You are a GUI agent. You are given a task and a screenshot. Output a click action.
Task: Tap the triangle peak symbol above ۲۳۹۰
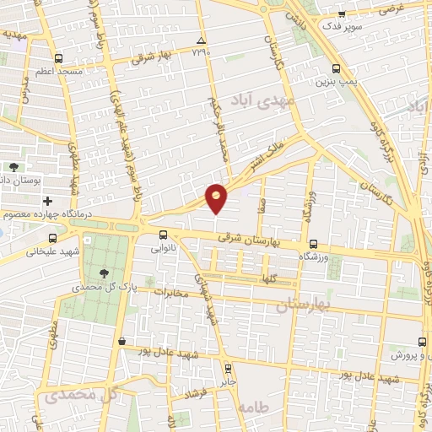point(200,40)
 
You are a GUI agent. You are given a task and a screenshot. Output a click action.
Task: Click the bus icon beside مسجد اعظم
point(57,59)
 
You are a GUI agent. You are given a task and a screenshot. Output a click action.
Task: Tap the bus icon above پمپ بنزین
point(337,69)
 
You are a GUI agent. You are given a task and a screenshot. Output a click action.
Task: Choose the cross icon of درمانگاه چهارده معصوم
point(47,201)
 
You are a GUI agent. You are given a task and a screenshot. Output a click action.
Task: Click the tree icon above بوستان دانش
point(15,167)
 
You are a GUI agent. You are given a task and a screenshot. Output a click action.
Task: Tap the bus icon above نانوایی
point(165,235)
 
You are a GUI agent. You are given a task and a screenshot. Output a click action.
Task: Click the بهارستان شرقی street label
point(246,239)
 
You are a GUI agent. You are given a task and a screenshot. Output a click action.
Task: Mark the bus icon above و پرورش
point(423,343)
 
